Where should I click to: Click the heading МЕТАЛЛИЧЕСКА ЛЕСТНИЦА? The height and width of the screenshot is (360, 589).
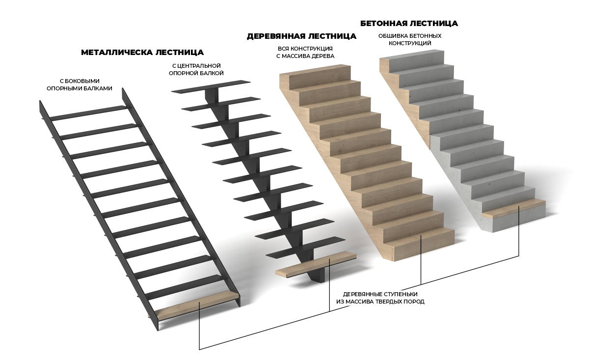[x=142, y=53]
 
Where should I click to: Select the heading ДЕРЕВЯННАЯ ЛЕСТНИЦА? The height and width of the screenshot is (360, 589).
[x=301, y=36]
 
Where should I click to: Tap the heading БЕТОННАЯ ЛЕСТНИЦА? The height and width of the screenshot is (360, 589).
[x=409, y=24]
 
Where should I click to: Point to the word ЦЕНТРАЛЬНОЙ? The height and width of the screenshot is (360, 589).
[x=199, y=65]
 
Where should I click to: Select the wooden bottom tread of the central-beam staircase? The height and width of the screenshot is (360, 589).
[x=316, y=264]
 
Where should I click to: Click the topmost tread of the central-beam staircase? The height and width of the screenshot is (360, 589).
[x=211, y=87]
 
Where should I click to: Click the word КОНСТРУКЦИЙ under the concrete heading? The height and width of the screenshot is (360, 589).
[x=410, y=43]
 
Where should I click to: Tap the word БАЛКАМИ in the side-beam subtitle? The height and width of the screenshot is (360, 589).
[x=99, y=88]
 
